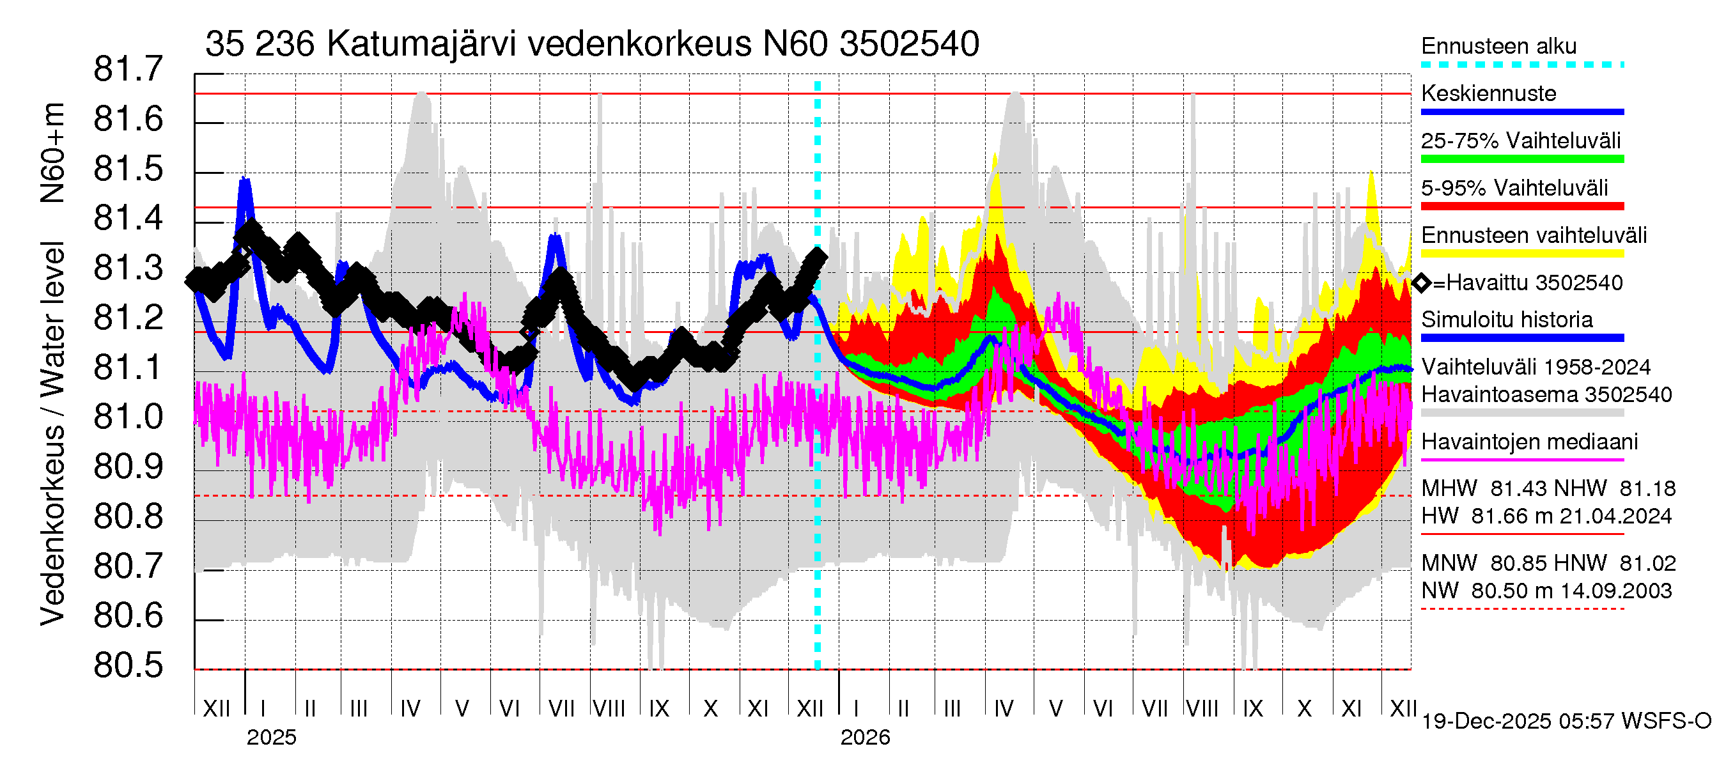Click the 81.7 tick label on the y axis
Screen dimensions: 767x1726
click(128, 69)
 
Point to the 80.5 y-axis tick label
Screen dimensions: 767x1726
click(128, 665)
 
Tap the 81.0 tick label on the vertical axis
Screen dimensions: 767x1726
click(128, 417)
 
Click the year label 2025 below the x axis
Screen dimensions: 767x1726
click(270, 737)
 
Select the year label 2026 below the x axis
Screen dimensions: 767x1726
click(864, 737)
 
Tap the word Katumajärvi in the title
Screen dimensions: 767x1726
click(421, 44)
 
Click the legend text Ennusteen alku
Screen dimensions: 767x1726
click(1498, 46)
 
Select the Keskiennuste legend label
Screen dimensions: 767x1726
click(1488, 93)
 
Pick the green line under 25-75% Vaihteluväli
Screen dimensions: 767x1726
click(1521, 159)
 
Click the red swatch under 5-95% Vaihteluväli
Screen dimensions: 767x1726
click(1521, 206)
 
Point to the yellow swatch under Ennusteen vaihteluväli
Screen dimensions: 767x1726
click(1521, 254)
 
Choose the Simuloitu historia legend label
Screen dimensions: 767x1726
click(1506, 320)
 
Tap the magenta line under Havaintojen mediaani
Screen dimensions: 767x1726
click(1521, 460)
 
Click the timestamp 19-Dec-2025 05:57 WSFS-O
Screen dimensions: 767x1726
click(1566, 721)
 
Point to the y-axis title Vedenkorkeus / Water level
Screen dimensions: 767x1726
click(52, 433)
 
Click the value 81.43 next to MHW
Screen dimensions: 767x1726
click(1517, 488)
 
